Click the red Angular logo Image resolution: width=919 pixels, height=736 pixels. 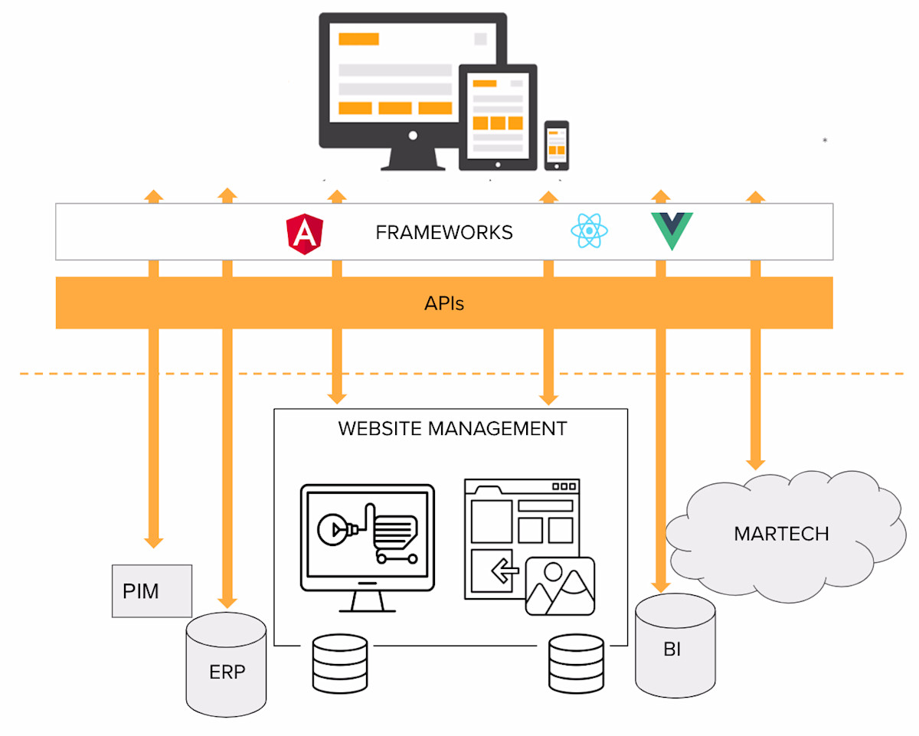[304, 233]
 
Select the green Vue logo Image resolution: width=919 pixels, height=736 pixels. [672, 231]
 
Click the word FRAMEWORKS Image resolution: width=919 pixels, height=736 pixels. [444, 232]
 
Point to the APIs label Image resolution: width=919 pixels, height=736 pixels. [444, 304]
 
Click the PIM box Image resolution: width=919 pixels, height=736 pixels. [152, 590]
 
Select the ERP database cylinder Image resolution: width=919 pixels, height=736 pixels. [227, 662]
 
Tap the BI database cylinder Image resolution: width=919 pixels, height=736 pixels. [675, 646]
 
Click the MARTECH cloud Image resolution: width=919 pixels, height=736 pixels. [781, 533]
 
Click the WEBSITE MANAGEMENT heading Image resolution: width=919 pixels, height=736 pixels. [452, 428]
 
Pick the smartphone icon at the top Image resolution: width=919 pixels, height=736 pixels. [557, 146]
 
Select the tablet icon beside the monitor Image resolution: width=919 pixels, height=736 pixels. [498, 117]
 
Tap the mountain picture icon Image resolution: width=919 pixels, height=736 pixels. [560, 586]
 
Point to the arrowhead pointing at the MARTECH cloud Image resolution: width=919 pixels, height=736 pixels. [755, 463]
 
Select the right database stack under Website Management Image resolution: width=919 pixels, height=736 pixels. [576, 663]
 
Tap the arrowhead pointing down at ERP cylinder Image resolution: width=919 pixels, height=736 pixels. [226, 601]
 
